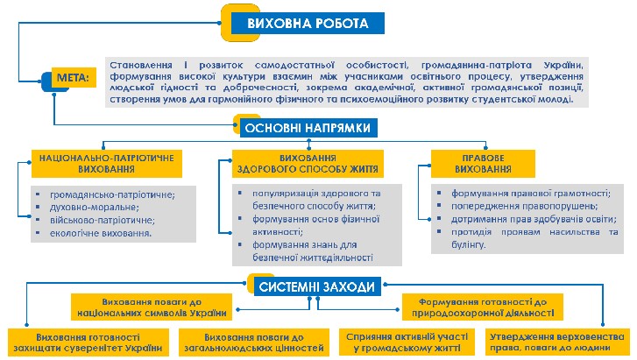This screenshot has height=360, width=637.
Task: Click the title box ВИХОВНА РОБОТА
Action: [308, 23]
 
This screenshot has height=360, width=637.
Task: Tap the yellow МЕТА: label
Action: [74, 77]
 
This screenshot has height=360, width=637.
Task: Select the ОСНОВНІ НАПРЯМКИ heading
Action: [308, 128]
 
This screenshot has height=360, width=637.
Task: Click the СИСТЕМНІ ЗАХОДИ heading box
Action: [317, 286]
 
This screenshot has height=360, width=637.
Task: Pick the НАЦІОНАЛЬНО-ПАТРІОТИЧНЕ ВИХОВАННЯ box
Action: [107, 164]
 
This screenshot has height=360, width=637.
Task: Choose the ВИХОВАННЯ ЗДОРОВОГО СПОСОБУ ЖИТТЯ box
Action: [308, 164]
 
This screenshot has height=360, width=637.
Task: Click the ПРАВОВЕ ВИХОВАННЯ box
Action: [483, 164]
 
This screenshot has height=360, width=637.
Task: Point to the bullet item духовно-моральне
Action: [95, 208]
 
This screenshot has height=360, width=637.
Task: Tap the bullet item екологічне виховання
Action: [101, 233]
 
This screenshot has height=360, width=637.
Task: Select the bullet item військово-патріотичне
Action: [103, 220]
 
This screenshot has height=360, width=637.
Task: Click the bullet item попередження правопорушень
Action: [525, 206]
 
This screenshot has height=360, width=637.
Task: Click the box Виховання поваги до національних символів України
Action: [152, 307]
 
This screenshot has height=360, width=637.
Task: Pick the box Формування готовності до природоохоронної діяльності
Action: [483, 307]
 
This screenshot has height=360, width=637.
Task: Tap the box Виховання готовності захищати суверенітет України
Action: [88, 342]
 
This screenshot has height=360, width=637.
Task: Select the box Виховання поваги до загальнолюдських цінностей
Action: [254, 342]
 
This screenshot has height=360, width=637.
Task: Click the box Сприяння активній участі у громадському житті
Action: [407, 342]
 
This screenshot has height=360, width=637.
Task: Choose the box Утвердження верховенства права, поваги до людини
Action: [557, 342]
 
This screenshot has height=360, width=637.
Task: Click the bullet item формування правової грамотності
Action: [531, 194]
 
